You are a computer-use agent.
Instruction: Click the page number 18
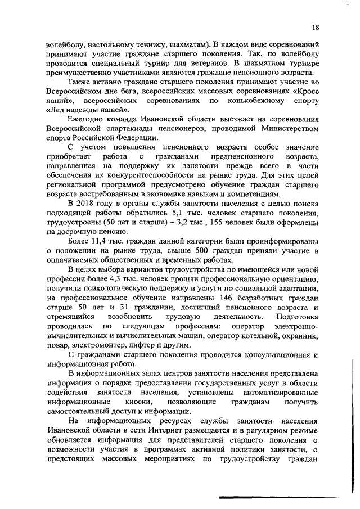pyautogui.click(x=316, y=27)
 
